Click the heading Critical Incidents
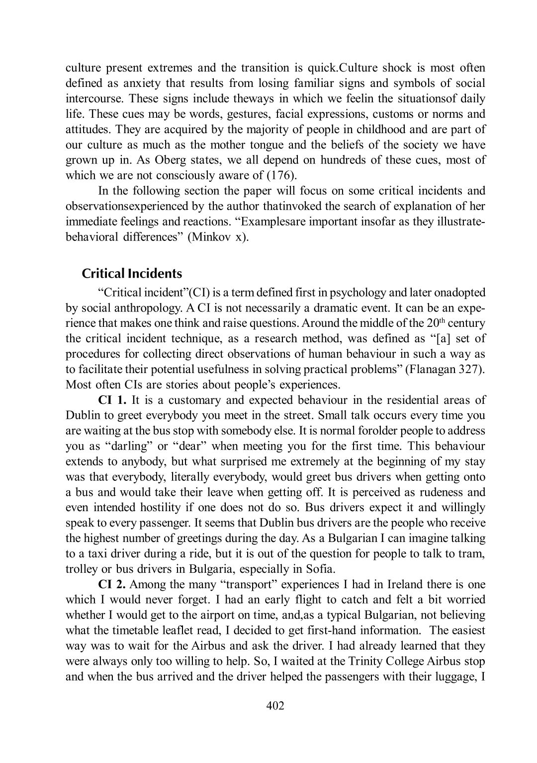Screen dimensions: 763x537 tap(132, 273)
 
